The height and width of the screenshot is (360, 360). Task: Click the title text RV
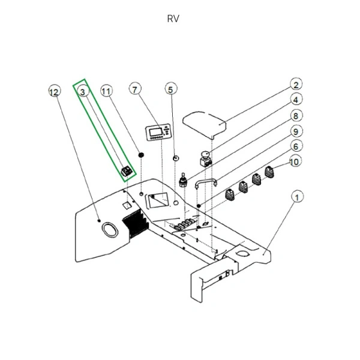173,19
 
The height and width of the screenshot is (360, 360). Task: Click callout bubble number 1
296,197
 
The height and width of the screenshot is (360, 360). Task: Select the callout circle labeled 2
296,85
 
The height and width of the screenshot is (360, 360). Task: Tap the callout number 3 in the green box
84,91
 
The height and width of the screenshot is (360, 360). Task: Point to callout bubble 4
296,100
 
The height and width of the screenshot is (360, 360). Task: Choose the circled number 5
170,89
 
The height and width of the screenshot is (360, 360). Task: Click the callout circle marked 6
296,146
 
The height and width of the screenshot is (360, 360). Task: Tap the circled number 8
296,115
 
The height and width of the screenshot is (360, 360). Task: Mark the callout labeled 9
296,131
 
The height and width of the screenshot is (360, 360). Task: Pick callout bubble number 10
294,161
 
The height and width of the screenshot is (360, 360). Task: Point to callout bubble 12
54,91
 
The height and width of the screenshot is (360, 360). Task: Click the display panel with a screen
158,132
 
